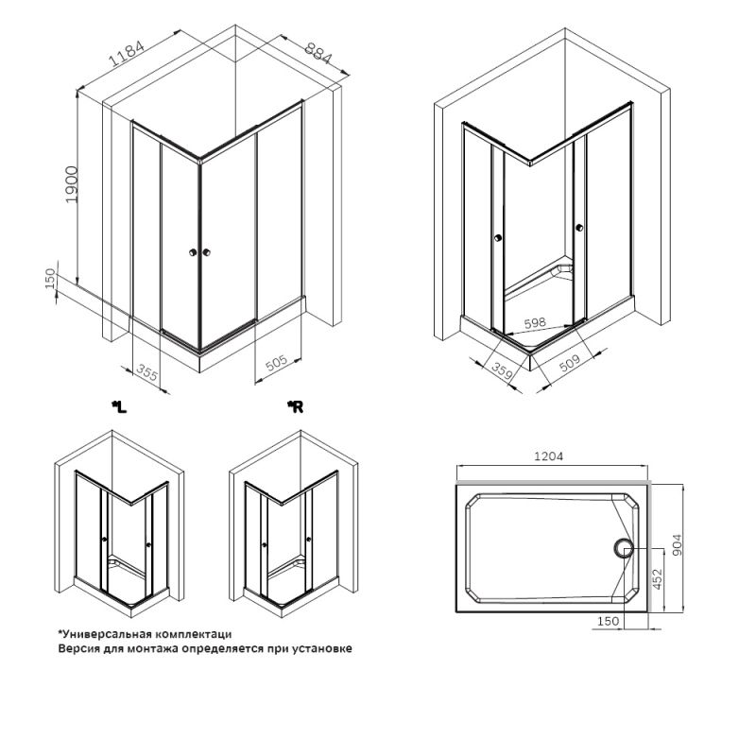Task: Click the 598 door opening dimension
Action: coord(535,322)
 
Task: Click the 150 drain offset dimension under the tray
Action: coord(610,621)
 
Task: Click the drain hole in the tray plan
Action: coord(622,547)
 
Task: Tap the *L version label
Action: coord(118,407)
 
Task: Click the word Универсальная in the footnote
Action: coord(104,634)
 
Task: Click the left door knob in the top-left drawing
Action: coord(194,252)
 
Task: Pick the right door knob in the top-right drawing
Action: coord(577,227)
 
